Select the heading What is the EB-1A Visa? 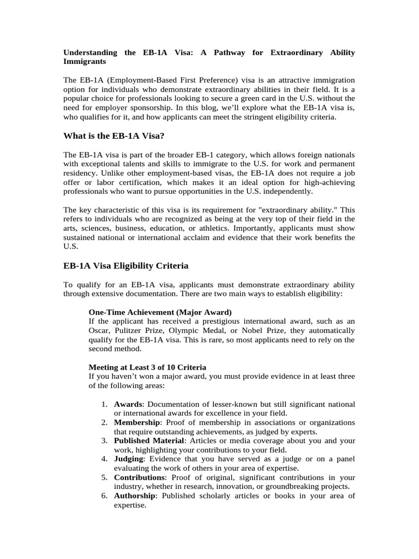[x=114, y=136]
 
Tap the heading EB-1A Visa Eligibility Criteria [x=126, y=266]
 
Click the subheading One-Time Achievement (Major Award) [x=160, y=312]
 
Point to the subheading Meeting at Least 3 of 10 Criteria [x=147, y=367]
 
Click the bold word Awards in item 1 [x=128, y=405]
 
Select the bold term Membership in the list [x=137, y=423]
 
